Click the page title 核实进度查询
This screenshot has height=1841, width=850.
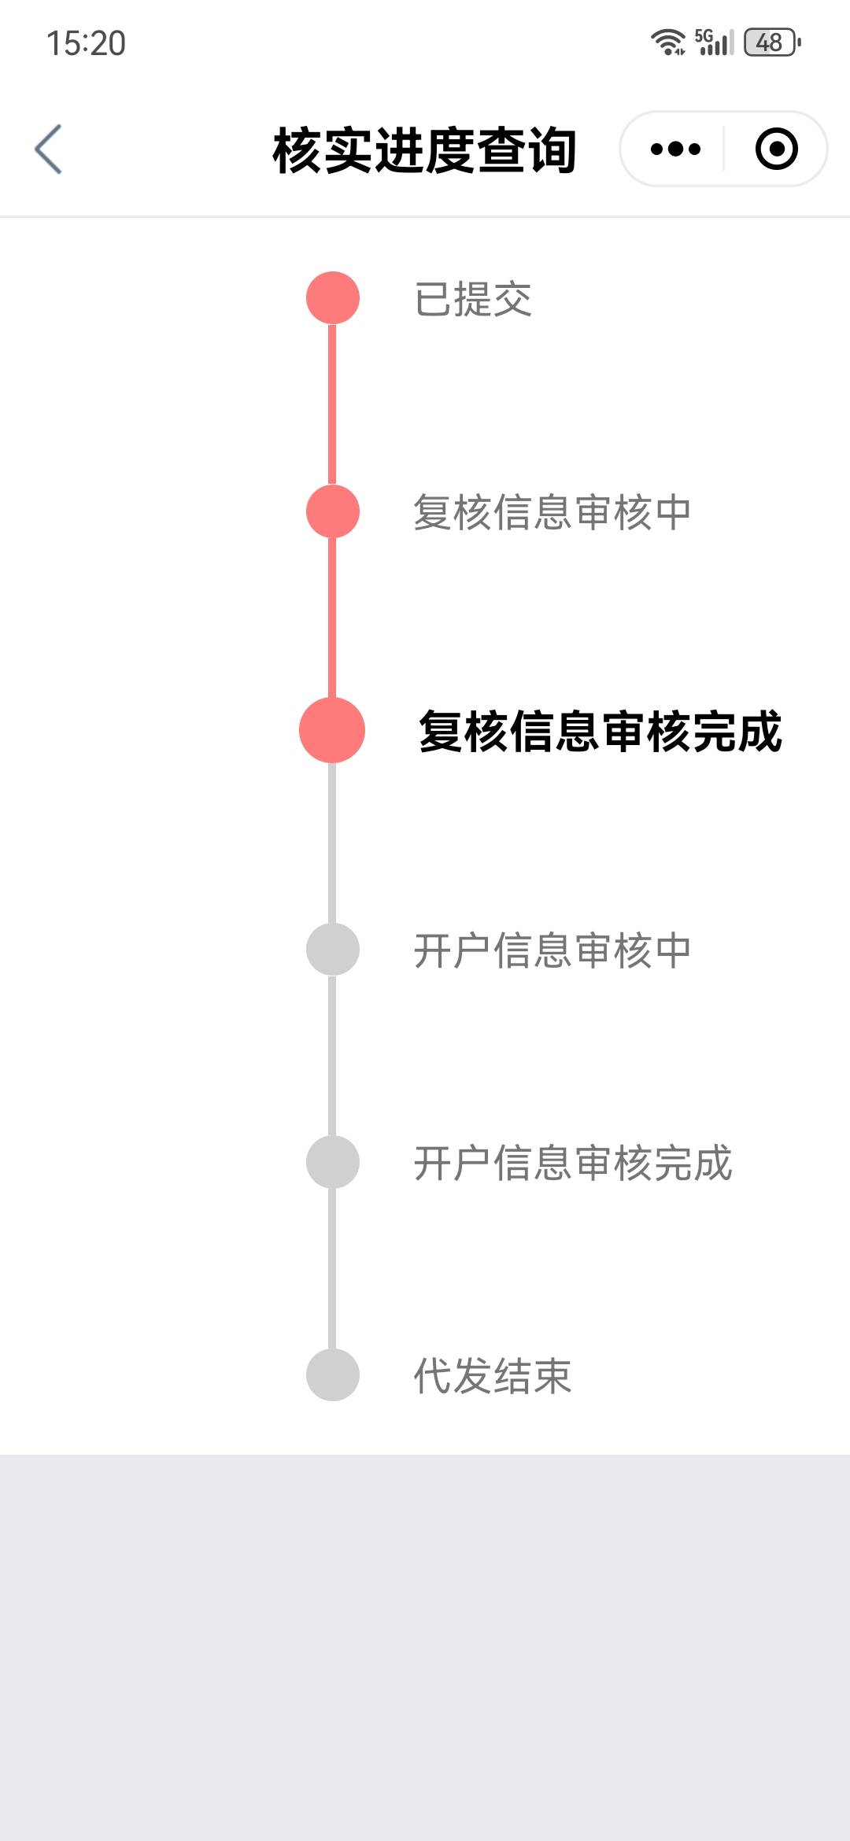[x=424, y=149]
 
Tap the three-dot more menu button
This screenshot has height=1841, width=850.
[x=675, y=149]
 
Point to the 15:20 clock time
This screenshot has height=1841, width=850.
[x=86, y=43]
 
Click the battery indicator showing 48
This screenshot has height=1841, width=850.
[x=771, y=42]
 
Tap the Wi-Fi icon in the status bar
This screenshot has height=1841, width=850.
[x=667, y=42]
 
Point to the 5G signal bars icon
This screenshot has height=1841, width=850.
[x=715, y=42]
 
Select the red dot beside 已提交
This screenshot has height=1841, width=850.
[x=332, y=298]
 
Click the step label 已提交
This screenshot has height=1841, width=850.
[x=473, y=299]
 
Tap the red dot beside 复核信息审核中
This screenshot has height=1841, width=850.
[x=332, y=511]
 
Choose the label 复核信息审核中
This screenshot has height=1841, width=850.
[x=552, y=512]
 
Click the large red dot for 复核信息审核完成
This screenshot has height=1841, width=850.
[x=332, y=730]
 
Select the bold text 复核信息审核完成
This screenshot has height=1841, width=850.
[x=600, y=732]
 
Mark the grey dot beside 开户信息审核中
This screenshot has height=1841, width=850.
[x=332, y=950]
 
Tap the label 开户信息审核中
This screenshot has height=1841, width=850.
[x=552, y=950]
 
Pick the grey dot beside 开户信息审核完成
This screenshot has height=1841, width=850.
[x=332, y=1162]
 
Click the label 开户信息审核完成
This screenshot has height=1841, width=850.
[x=572, y=1163]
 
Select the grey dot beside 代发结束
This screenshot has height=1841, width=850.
[x=332, y=1375]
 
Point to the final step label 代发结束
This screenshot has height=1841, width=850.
[x=493, y=1376]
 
